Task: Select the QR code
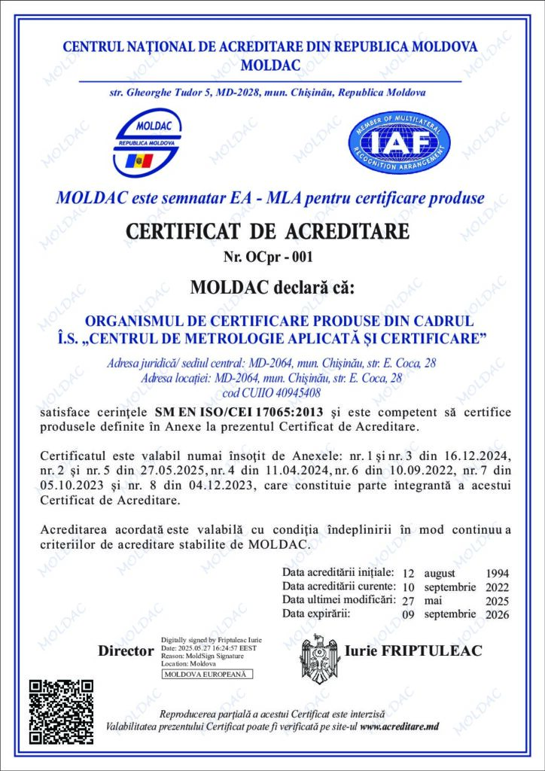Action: click(61, 712)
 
